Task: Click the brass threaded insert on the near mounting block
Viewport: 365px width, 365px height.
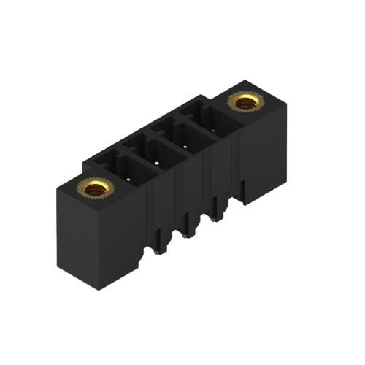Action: (95, 189)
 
